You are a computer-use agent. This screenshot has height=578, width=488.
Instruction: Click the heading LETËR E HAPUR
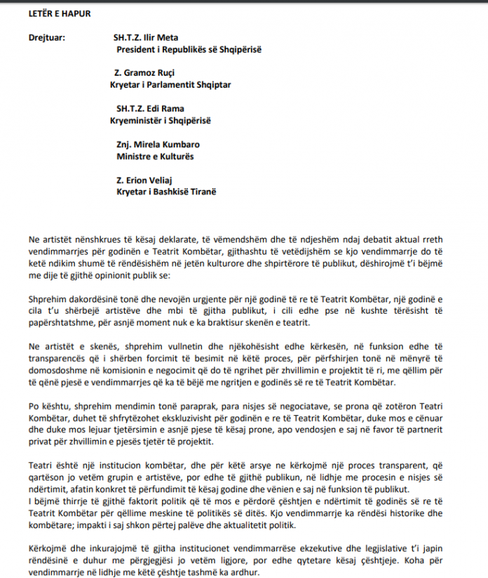[60, 13]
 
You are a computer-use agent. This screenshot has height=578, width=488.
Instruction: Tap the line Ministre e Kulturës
[155, 156]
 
